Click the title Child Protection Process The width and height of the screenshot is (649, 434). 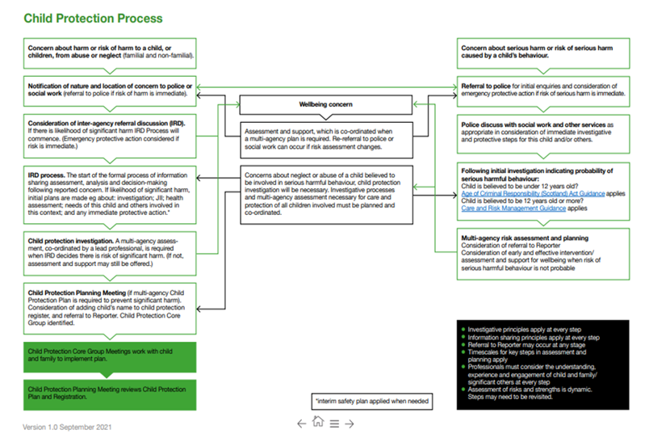tap(93, 18)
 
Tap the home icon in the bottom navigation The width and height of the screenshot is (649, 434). tap(318, 422)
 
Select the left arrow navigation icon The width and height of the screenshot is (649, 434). tap(301, 423)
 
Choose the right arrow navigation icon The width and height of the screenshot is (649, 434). tap(350, 423)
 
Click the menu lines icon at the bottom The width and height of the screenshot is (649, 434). tap(334, 423)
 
